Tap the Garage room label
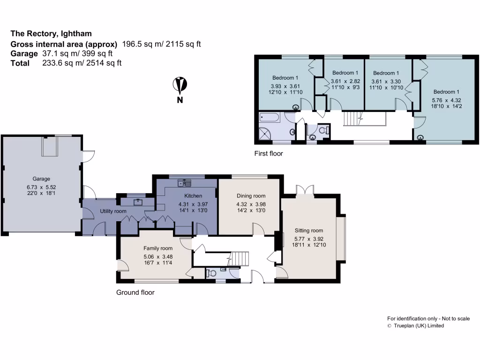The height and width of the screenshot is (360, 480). (x=41, y=179)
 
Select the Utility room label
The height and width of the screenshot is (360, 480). (x=113, y=211)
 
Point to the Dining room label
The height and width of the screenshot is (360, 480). (x=251, y=196)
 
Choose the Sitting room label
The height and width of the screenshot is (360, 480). (x=308, y=230)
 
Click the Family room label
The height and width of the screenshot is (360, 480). (x=158, y=248)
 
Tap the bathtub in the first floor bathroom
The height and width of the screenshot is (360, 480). (x=270, y=117)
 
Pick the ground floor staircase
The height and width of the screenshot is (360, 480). (x=240, y=258)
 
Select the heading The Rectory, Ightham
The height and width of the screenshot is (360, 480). (x=51, y=33)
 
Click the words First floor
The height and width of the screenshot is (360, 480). (x=269, y=153)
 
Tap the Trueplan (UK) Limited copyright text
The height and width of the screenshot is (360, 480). (x=419, y=326)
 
